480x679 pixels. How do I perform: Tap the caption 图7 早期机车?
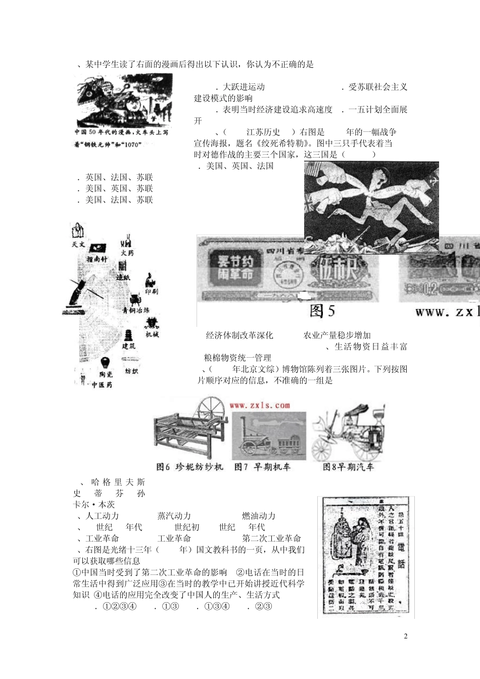(263, 467)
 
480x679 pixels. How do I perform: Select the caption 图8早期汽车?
(348, 467)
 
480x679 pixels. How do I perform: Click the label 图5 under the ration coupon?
(322, 311)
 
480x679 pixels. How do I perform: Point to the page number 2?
(406, 636)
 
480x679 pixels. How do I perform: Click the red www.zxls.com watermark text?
(260, 405)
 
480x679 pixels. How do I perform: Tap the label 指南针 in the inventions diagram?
(97, 259)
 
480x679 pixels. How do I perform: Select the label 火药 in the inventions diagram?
(127, 253)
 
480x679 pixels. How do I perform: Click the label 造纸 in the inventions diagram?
(124, 277)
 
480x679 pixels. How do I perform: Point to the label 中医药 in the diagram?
(102, 385)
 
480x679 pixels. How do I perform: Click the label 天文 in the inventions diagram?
(78, 245)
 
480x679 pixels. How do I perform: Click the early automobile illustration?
(349, 432)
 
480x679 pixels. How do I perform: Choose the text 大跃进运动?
(244, 87)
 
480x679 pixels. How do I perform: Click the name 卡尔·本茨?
(94, 504)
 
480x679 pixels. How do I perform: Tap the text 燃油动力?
(259, 516)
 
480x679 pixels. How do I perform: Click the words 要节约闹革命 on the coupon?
(232, 268)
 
